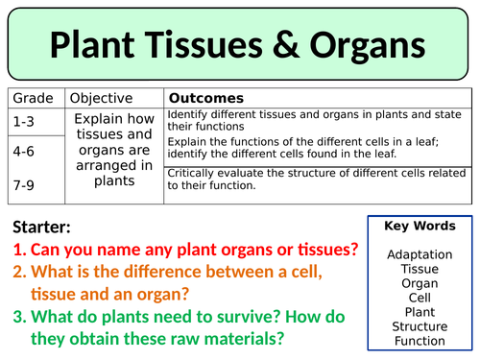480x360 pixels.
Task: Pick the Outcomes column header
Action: click(x=205, y=99)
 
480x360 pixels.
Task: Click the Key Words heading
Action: click(x=420, y=228)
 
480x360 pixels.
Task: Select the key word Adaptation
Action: click(x=420, y=254)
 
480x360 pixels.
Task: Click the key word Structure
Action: click(x=420, y=326)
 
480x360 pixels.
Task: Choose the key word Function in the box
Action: click(x=420, y=341)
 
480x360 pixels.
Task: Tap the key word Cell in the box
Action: click(x=420, y=298)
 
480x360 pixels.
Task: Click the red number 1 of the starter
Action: click(x=18, y=251)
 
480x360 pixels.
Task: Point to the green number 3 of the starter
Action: click(x=18, y=317)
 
